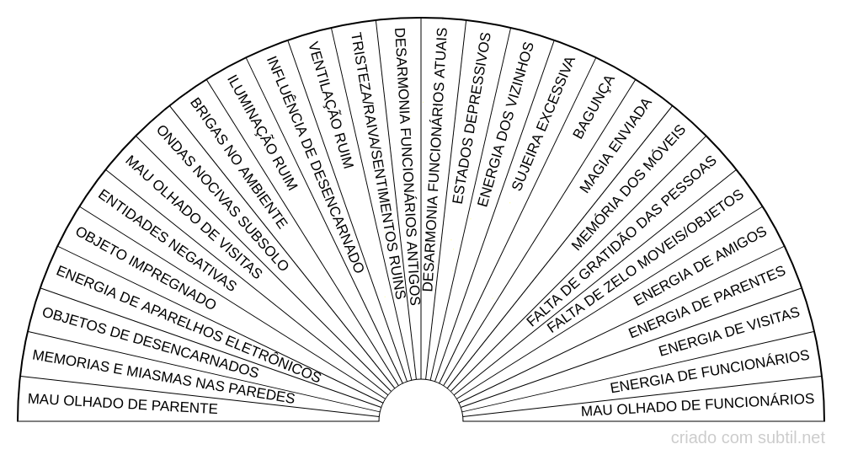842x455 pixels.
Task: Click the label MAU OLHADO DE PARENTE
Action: (x=122, y=404)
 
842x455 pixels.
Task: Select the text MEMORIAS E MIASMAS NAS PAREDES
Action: (x=163, y=377)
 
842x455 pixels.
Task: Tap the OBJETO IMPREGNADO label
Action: (x=146, y=268)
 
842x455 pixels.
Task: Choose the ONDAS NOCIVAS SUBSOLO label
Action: (x=222, y=198)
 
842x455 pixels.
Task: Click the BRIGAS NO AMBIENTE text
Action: (x=239, y=163)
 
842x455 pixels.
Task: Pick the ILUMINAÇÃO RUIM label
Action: (x=262, y=132)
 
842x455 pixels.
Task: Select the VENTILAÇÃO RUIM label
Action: (x=331, y=107)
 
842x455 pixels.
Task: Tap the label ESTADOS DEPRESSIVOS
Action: (x=471, y=118)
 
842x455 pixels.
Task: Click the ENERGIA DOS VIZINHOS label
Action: (x=505, y=126)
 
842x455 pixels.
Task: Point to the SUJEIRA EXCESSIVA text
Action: (x=542, y=124)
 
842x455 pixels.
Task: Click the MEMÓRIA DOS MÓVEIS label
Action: (x=628, y=188)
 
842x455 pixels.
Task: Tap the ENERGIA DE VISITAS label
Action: (x=729, y=332)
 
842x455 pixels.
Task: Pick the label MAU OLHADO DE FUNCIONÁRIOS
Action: (x=697, y=404)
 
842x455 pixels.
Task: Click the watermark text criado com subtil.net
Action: (x=748, y=438)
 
